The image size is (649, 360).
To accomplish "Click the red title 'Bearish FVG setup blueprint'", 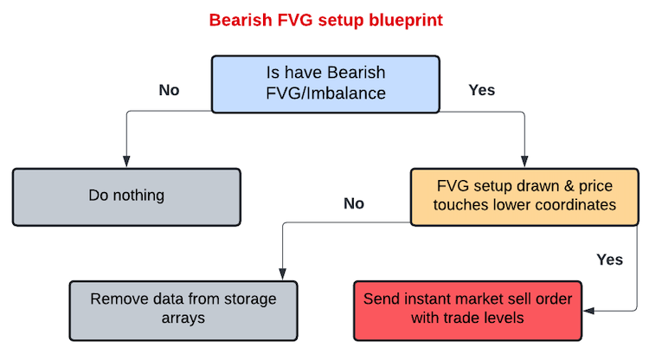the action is coord(325,20).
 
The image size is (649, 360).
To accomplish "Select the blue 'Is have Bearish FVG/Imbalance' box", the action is coord(325,84).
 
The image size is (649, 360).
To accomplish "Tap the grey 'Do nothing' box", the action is coord(126,197).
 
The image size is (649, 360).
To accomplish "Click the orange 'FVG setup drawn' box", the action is coord(524,197).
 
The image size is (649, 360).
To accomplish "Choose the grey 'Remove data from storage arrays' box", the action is coord(183,311).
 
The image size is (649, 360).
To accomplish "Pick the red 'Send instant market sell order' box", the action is coord(467,311).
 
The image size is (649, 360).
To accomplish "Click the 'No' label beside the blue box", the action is coord(169,90).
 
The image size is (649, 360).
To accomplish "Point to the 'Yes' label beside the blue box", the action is coord(482,90).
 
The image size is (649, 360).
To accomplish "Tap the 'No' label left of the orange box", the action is coord(354,203).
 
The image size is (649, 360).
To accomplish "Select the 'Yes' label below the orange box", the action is coord(610,260).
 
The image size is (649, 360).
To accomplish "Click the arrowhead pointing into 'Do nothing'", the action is coord(126,161).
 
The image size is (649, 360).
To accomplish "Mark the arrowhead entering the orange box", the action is coord(524,161).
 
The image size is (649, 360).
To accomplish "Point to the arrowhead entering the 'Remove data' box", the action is coord(283,274).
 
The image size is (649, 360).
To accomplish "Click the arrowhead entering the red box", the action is coord(588,311).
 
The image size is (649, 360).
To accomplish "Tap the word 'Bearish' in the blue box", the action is coord(357,73).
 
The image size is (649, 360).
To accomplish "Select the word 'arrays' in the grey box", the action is coord(183,318).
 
